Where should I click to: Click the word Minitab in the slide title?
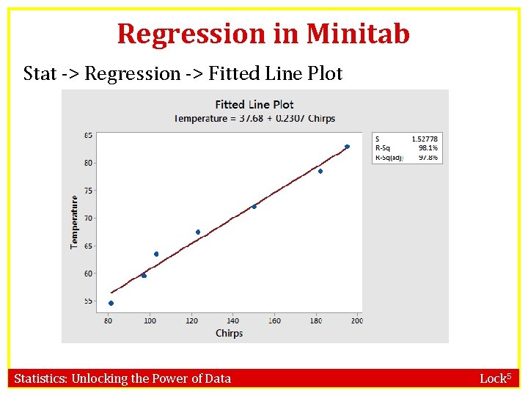coord(358,34)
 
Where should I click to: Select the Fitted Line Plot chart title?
coord(254,104)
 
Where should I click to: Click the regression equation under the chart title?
coord(254,118)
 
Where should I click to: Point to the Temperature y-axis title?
coord(74,221)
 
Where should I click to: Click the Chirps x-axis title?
coord(229,333)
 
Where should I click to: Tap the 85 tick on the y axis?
coord(88,135)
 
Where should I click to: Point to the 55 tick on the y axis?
coord(88,301)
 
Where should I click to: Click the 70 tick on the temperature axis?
coord(88,219)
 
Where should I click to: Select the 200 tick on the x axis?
coord(356,320)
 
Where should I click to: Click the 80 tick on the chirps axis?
coord(109,320)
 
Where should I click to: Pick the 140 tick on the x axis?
coord(232,320)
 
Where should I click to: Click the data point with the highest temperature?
coord(347,147)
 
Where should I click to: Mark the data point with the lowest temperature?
coord(111,303)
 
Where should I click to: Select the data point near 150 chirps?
coord(254,207)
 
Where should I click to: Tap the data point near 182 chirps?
coord(320,171)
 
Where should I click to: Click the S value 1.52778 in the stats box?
coord(425,139)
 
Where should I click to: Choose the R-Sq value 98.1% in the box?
coord(428,147)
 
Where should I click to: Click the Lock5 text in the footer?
coord(495,378)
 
